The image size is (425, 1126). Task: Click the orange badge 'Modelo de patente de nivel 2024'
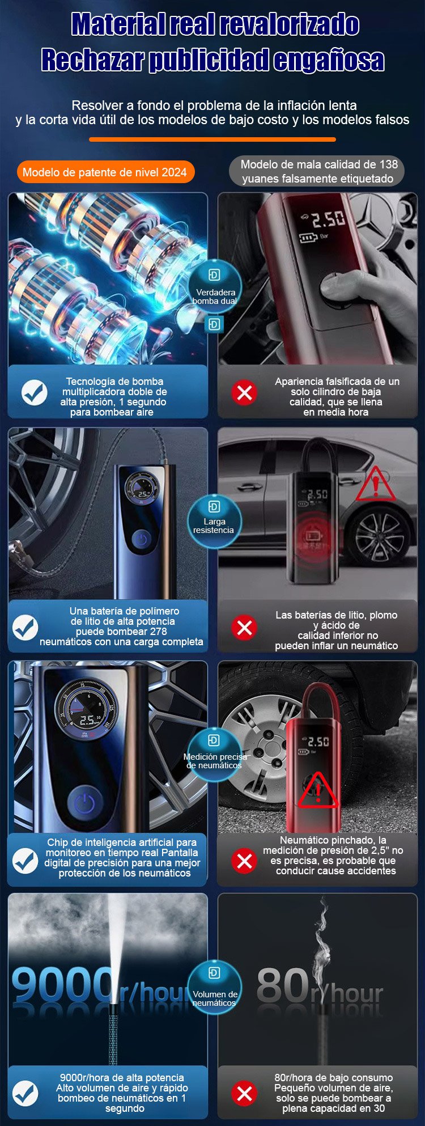(x=105, y=172)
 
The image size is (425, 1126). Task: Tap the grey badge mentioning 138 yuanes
(x=317, y=171)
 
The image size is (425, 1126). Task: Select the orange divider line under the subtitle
(x=212, y=139)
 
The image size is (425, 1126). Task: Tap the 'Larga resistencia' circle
(x=214, y=520)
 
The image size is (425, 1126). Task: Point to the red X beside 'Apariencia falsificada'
(x=244, y=392)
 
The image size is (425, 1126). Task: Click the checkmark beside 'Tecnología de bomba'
(x=34, y=392)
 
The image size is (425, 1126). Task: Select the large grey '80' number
(x=283, y=985)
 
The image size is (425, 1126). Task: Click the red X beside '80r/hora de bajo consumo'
(x=244, y=1093)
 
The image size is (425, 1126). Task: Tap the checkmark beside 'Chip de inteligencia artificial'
(x=25, y=860)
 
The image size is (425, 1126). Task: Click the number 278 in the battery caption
(x=158, y=631)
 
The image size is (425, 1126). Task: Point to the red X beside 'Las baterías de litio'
(x=244, y=628)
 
